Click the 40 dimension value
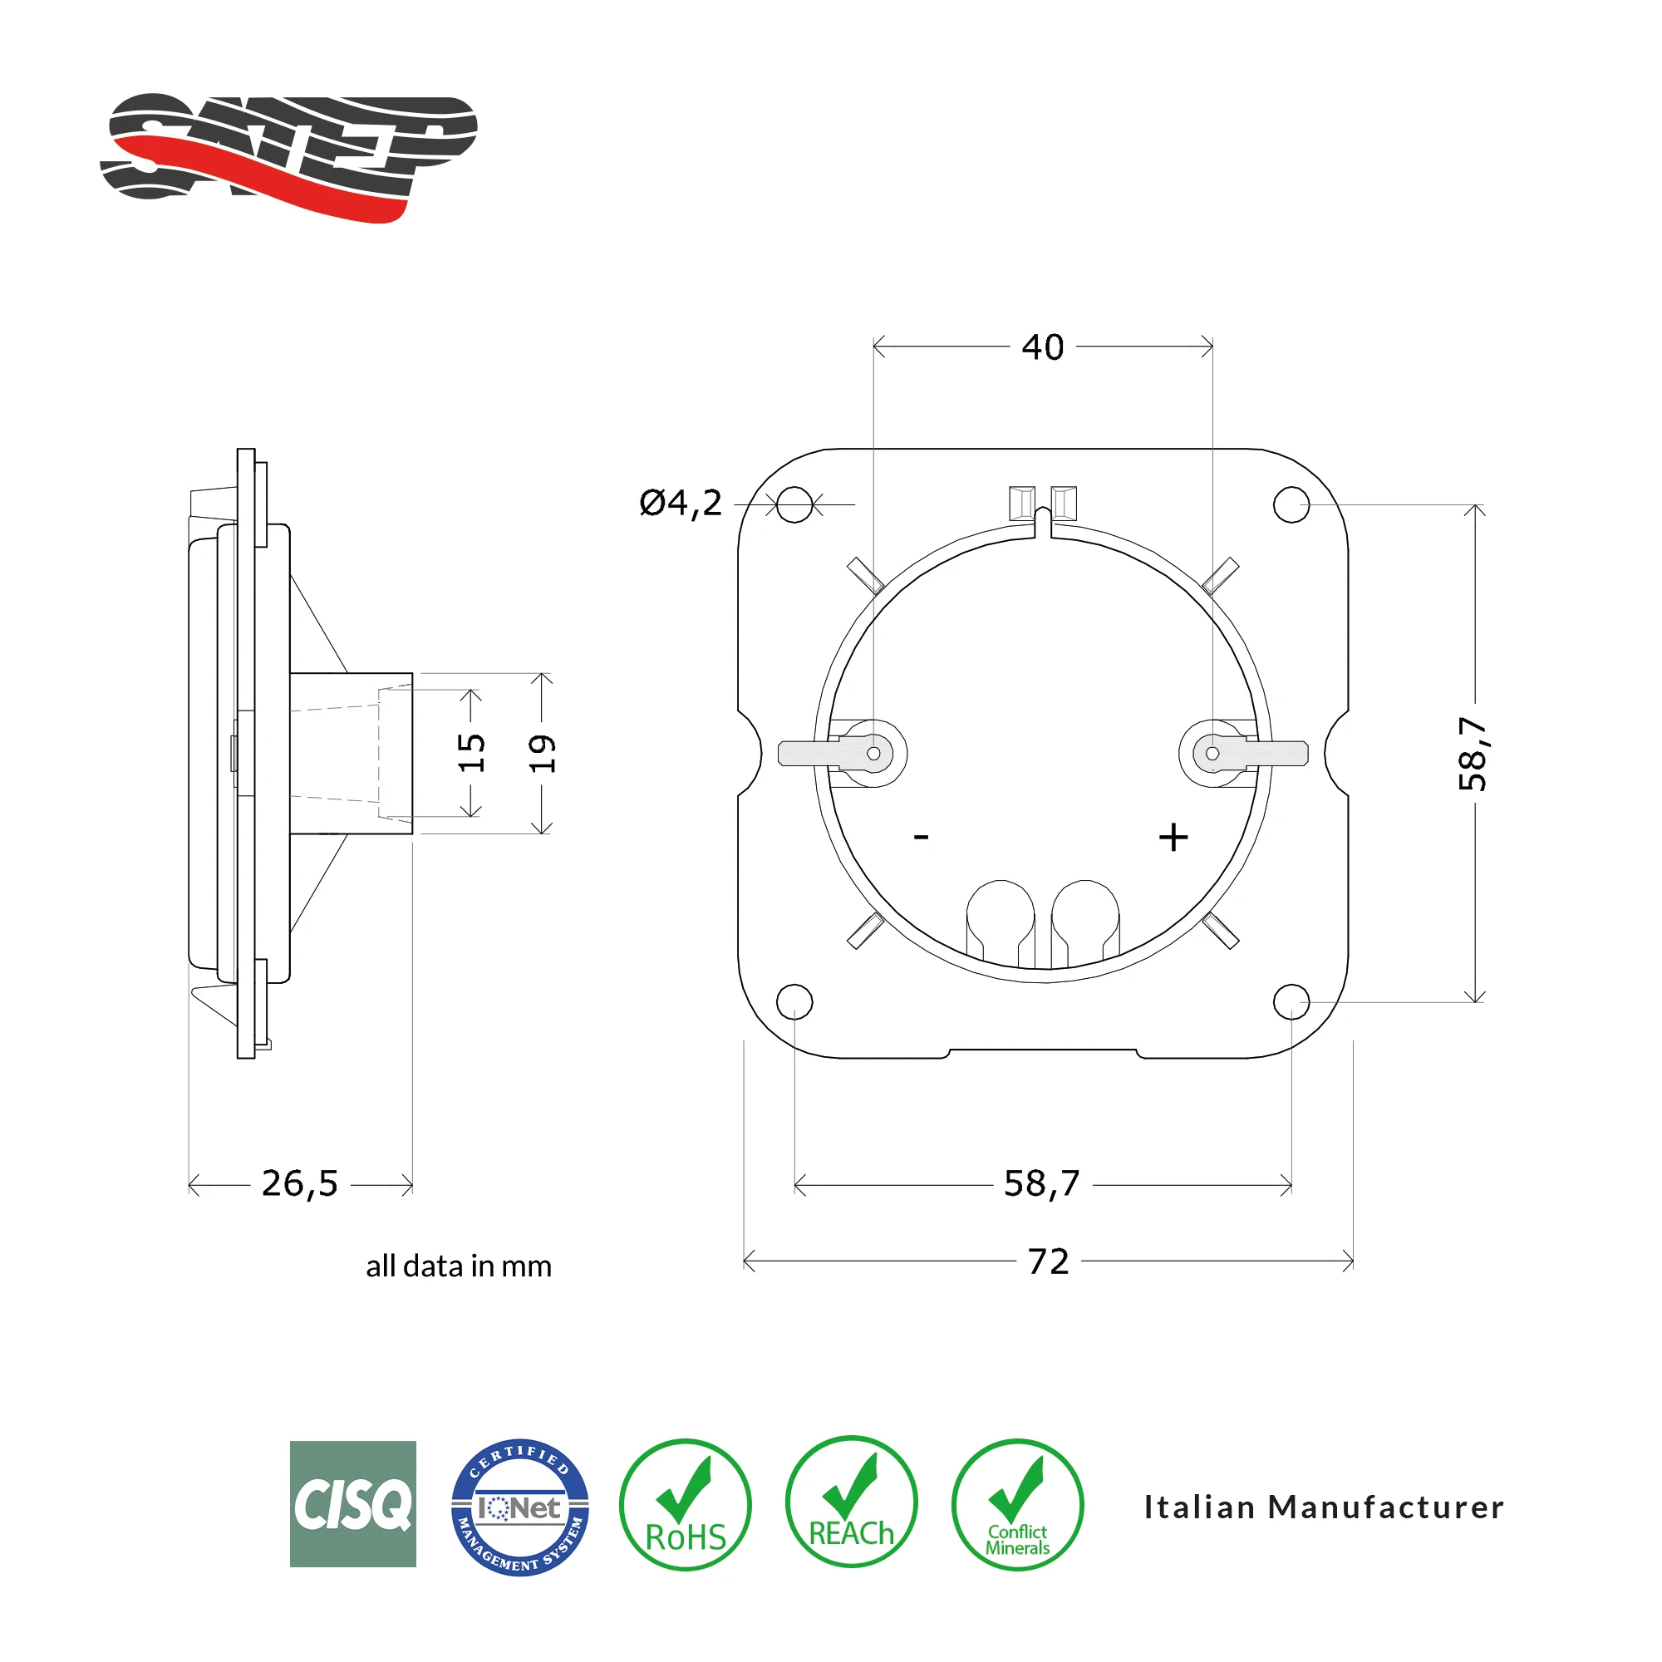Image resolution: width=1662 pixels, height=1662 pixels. point(1043,347)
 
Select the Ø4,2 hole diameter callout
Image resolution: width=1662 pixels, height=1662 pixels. point(681,504)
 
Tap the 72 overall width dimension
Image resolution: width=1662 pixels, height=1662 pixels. point(1048,1262)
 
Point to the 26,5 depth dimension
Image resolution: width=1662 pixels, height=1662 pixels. point(299,1183)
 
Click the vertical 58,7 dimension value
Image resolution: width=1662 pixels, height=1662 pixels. point(1473,753)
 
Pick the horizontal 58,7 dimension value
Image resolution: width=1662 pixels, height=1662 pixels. point(1042,1183)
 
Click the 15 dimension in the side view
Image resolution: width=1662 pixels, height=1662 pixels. point(471,753)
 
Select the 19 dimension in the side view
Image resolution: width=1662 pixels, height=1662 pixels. point(542,754)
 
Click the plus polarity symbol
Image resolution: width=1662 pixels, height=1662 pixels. point(1173,837)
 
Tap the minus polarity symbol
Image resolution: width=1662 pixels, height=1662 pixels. point(922,836)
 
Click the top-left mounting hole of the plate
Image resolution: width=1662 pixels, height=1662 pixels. point(794,504)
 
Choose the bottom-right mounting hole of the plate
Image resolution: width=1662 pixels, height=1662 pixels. point(1291,1001)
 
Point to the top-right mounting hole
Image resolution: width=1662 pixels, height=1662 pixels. point(1291,504)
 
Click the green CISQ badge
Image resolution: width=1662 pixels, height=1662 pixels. point(352,1505)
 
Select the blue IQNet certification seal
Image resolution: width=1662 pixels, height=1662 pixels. point(519,1507)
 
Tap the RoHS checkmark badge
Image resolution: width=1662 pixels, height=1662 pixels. point(685,1506)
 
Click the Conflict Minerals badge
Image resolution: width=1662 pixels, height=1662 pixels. point(1017,1506)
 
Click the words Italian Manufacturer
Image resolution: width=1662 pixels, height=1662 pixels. point(1323,1507)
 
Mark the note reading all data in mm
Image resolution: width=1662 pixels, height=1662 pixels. point(459,1266)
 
